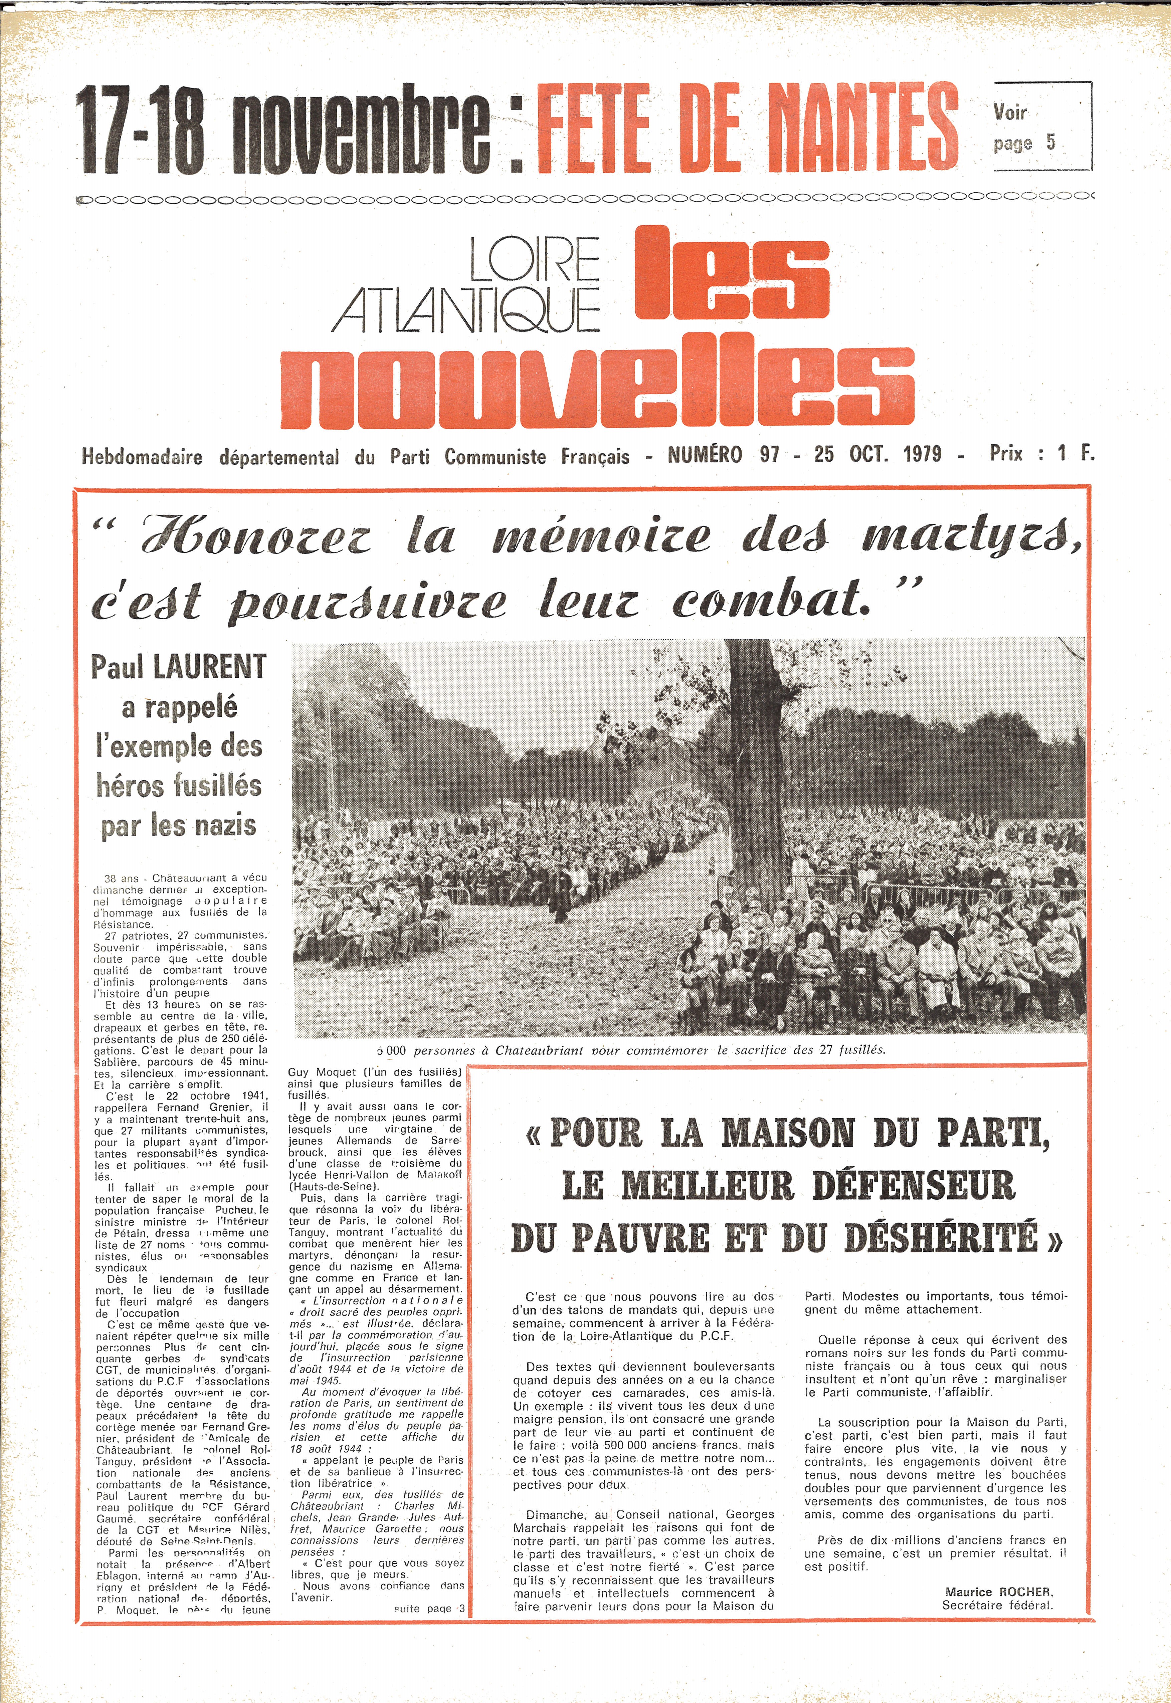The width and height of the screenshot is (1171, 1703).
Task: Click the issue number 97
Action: (769, 455)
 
